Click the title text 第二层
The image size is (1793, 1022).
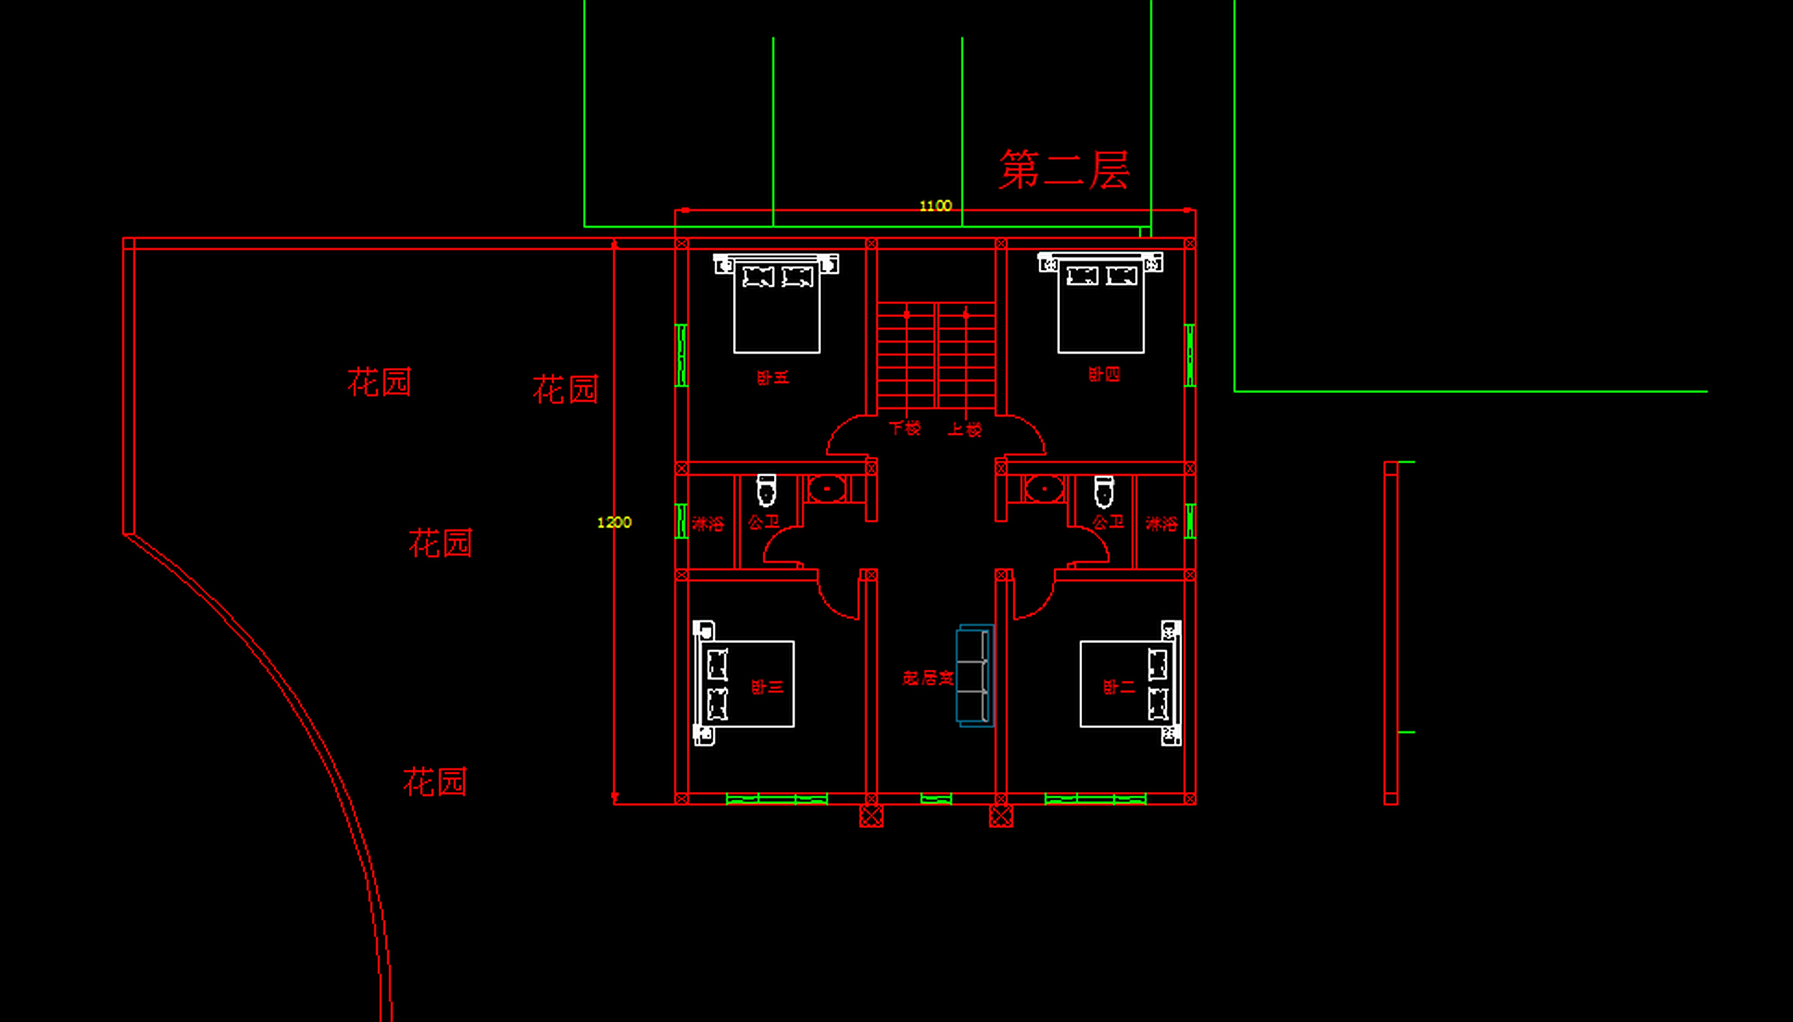[x=1064, y=170]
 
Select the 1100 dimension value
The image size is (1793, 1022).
[x=935, y=206]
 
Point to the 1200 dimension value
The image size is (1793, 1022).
[x=614, y=522]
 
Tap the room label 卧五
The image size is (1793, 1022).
[x=772, y=378]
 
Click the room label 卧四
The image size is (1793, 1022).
[x=1104, y=374]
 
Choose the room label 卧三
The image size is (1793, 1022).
[x=767, y=687]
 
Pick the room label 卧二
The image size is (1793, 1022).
[x=1118, y=687]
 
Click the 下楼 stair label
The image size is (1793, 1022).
[x=905, y=429]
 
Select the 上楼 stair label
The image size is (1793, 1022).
[x=965, y=430]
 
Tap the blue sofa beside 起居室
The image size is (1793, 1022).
[x=974, y=676]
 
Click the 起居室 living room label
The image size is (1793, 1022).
[x=927, y=679]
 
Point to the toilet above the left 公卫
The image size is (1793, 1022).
[x=766, y=490]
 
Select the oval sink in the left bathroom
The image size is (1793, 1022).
[x=827, y=488]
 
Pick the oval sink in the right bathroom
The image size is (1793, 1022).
[x=1044, y=488]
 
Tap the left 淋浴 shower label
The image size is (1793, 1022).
[x=708, y=525]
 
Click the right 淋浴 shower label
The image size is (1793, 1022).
[x=1161, y=525]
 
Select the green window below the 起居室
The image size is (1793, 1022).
[x=936, y=798]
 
